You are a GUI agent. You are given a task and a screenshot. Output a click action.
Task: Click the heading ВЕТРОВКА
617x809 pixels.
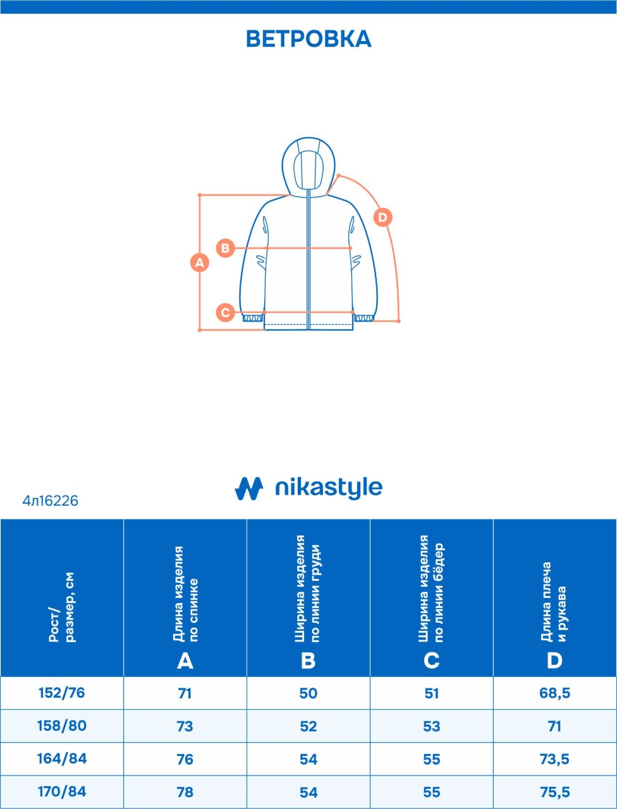[308, 39]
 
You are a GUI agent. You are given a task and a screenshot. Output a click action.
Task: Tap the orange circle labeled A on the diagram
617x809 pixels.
[200, 263]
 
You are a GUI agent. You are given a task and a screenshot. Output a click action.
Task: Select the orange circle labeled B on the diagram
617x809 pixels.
[226, 248]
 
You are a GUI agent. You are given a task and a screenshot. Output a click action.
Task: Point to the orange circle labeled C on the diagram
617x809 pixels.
[226, 313]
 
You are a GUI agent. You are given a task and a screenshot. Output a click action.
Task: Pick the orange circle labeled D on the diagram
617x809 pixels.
[382, 217]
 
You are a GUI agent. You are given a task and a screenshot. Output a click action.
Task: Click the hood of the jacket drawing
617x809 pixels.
[308, 166]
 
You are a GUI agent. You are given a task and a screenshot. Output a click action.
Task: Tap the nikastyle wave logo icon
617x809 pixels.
[249, 489]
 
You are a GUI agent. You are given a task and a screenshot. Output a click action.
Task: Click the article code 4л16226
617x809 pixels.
[50, 501]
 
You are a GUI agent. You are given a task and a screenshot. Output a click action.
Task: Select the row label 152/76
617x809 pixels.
[61, 693]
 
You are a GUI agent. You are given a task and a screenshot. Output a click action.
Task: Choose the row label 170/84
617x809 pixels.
[61, 791]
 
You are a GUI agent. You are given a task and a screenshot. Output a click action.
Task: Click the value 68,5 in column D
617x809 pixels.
[554, 693]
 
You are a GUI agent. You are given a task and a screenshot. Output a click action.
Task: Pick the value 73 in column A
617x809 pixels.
[185, 726]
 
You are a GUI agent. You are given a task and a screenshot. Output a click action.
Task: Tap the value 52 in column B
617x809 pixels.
[308, 726]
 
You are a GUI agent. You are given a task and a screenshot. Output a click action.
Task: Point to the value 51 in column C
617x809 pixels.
[432, 693]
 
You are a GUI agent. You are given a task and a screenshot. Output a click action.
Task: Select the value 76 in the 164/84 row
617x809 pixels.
[185, 759]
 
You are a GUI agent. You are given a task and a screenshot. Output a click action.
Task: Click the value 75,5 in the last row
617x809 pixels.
[554, 792]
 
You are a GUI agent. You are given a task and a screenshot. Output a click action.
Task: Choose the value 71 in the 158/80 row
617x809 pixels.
[554, 726]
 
